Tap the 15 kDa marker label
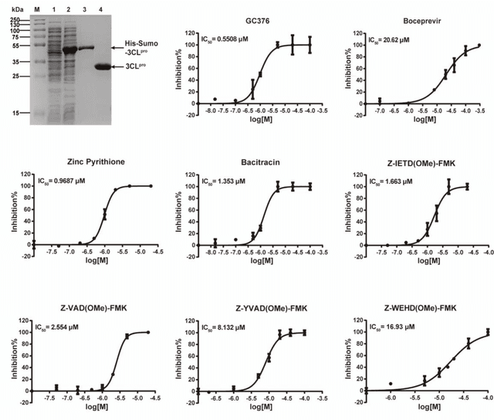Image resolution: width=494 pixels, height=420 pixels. point(15,113)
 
